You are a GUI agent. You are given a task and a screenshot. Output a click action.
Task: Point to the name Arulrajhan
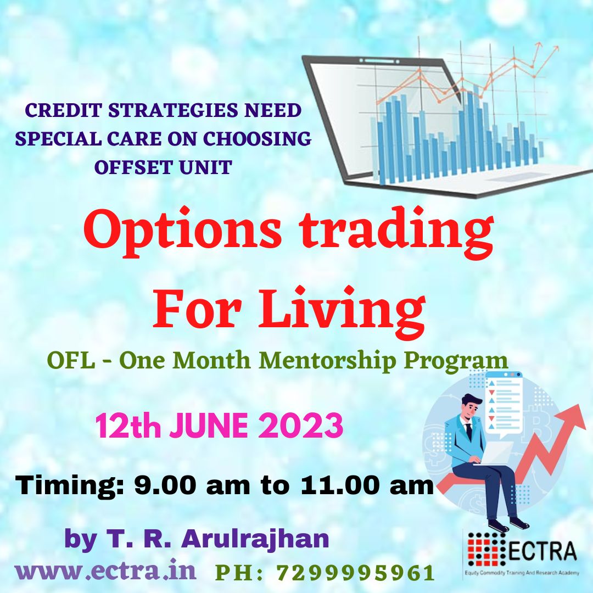255,539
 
